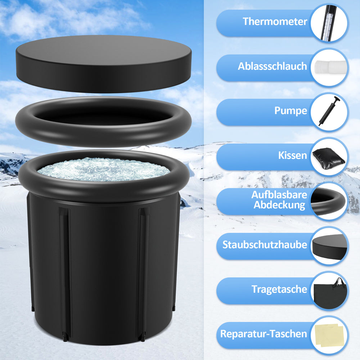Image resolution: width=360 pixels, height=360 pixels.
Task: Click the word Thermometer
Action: tap(275, 21)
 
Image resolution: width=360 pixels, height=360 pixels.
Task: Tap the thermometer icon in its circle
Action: tap(329, 23)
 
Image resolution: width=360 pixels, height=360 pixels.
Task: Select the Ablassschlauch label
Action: tap(272, 66)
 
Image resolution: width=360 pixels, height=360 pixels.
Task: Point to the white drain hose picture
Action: tap(330, 67)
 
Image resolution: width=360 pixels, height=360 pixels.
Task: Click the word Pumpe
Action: tap(291, 111)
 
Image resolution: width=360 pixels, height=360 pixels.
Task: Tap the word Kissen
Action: tap(292, 155)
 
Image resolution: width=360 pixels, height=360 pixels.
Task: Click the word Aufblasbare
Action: tap(279, 195)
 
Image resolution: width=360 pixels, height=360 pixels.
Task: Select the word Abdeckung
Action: tap(279, 205)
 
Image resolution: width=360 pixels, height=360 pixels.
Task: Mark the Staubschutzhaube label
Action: tap(265, 245)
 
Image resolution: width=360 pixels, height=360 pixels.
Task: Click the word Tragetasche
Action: tap(279, 289)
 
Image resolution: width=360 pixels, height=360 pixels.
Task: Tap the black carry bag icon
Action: tap(330, 293)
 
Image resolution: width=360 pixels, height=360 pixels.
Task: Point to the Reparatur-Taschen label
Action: tap(264, 334)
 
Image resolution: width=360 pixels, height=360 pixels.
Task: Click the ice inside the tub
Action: tap(104, 170)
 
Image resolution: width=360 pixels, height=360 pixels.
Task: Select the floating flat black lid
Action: tap(104, 64)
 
